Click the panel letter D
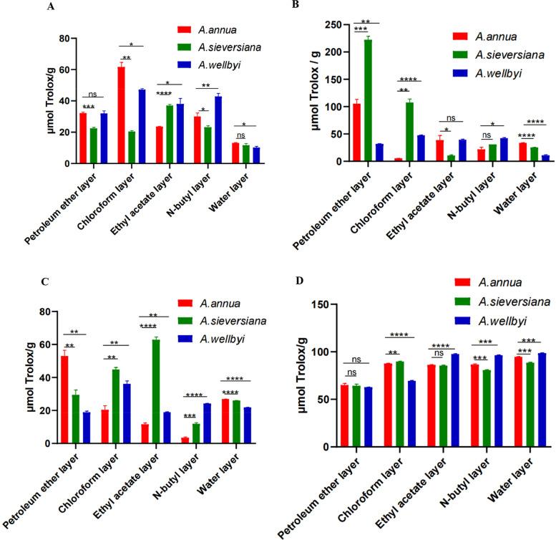coord(331,280)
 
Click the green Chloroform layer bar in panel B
coord(408,132)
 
